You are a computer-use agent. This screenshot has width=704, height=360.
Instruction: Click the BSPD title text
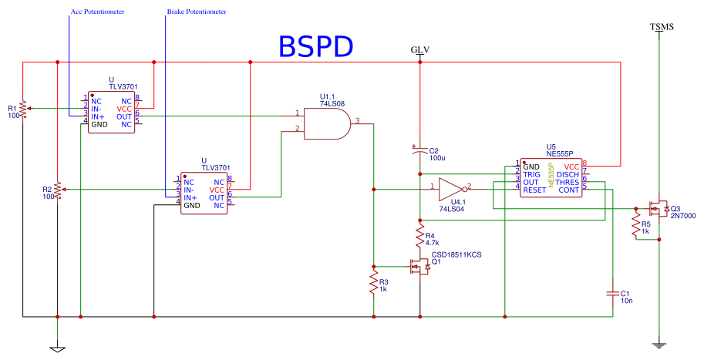point(315,46)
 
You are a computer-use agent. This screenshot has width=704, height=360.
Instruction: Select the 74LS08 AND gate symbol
point(327,123)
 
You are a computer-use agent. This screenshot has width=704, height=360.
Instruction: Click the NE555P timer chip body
point(551,178)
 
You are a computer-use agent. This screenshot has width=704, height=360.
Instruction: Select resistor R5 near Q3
point(635,227)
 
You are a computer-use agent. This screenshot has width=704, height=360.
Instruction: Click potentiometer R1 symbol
point(23,108)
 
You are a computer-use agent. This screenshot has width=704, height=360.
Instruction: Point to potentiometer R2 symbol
point(58,190)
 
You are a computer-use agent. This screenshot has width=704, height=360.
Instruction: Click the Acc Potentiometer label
point(97,13)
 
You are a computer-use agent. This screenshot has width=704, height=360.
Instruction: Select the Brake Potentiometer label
point(197,13)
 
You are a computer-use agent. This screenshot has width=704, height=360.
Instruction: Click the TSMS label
point(661,27)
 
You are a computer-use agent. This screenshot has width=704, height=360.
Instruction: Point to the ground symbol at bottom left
point(57,348)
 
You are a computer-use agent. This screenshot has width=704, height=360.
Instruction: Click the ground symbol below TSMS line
point(659,345)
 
